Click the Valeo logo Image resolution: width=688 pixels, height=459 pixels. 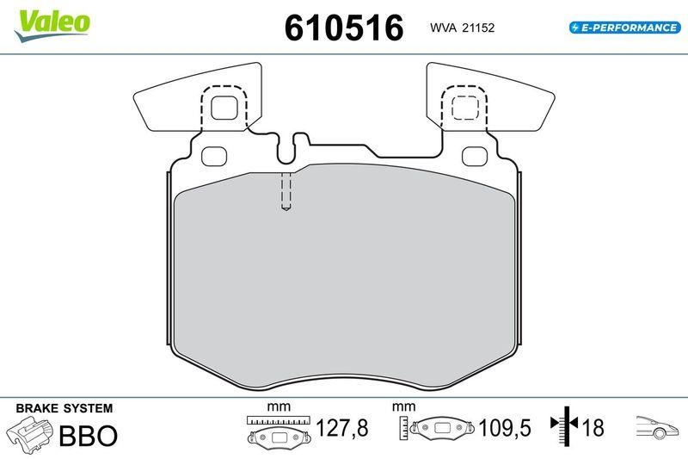click(52, 26)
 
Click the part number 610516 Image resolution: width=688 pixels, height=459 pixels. click(344, 28)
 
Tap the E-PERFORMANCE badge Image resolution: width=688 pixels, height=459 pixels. click(625, 28)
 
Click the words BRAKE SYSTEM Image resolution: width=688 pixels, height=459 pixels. click(64, 408)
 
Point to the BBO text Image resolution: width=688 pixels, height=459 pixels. click(89, 436)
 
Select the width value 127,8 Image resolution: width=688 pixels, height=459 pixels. click(342, 428)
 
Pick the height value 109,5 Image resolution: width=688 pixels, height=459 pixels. click(505, 428)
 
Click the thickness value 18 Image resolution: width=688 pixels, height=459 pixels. click(593, 428)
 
